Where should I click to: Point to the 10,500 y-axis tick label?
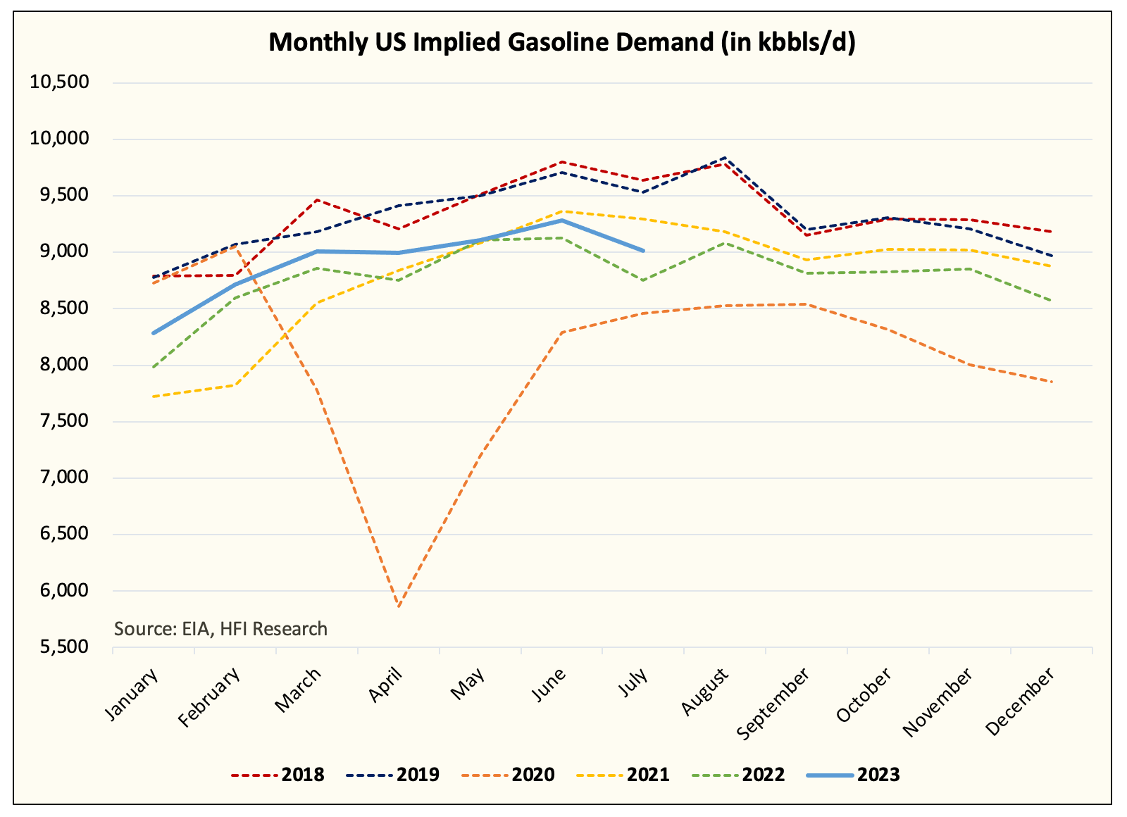tap(59, 82)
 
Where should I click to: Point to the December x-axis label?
tap(1020, 702)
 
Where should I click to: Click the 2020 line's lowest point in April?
tap(399, 606)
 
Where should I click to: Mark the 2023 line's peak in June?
tap(562, 220)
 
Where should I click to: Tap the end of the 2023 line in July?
tap(643, 251)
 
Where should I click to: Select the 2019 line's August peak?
tap(725, 158)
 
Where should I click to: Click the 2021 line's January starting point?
tap(154, 397)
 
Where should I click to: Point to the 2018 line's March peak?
tap(317, 200)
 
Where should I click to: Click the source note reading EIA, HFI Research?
tap(220, 628)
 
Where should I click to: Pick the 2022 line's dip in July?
tap(643, 280)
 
